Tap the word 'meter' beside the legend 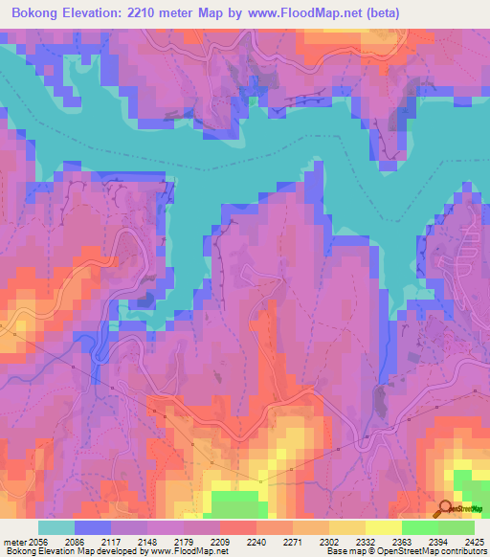click(12, 541)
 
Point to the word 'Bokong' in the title click(35, 12)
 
